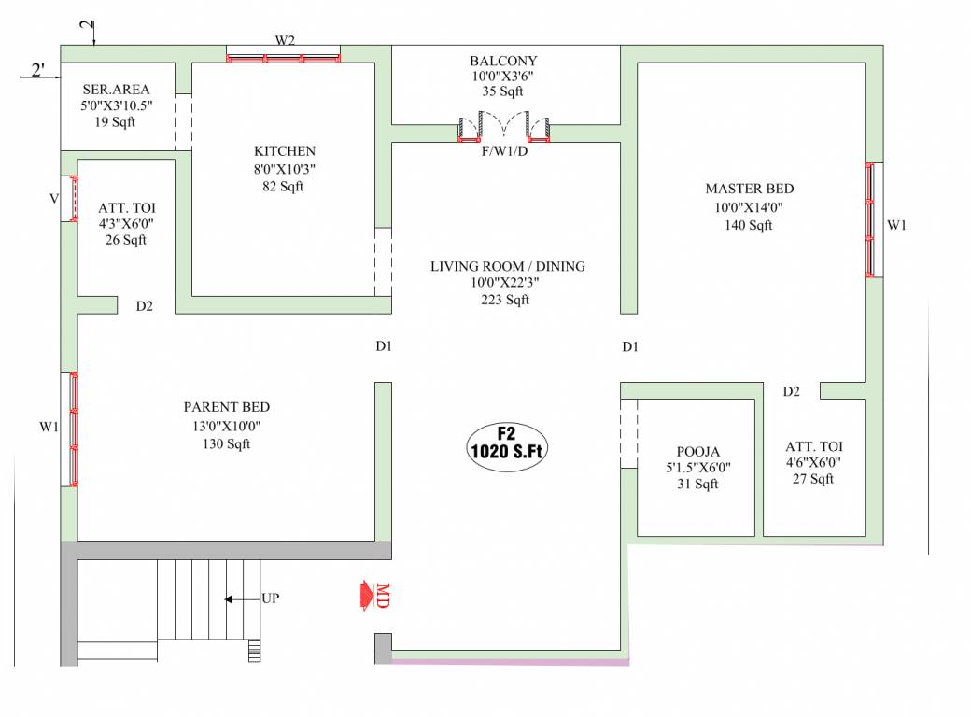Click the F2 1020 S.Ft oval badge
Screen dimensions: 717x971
506,442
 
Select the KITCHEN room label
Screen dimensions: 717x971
285,151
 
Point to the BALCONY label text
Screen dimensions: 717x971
503,62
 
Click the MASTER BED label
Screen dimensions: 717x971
749,190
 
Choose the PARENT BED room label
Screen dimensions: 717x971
226,408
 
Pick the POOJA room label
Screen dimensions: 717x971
697,451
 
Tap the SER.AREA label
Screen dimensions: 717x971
116,90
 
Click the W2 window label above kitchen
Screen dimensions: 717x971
285,40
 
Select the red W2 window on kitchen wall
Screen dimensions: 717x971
283,58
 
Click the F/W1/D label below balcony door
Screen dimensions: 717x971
504,151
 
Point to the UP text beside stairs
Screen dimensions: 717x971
270,598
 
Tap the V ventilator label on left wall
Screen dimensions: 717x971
54,199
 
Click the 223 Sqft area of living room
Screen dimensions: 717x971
505,300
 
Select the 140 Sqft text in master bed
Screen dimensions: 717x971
749,225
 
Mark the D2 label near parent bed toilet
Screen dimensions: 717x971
144,306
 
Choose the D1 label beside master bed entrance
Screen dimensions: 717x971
630,347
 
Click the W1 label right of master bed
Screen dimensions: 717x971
896,225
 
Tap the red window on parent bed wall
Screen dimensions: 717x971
73,429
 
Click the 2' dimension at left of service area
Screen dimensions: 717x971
38,70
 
